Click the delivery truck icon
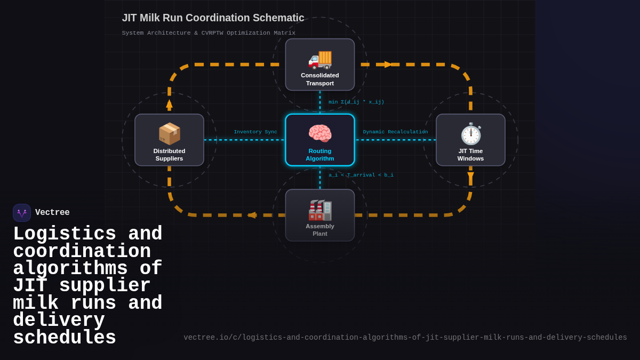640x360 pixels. (x=320, y=59)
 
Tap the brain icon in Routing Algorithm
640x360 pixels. (x=320, y=133)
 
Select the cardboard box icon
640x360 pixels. (x=169, y=133)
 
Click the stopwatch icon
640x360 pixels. (x=470, y=133)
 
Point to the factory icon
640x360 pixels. (x=320, y=210)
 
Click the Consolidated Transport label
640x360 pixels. (x=320, y=79)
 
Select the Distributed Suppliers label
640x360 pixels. (x=169, y=155)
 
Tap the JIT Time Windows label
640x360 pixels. (x=470, y=155)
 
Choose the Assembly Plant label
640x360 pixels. (x=320, y=230)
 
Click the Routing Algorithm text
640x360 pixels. (x=320, y=155)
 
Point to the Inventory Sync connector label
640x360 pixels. (x=255, y=132)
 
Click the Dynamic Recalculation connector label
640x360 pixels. (x=395, y=132)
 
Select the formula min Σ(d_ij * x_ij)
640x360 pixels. (x=356, y=102)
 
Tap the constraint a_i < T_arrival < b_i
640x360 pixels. (x=361, y=175)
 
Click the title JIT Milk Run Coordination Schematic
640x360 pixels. (x=213, y=18)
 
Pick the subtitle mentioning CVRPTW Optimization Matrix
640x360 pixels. (x=209, y=33)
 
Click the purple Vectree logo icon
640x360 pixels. (x=22, y=213)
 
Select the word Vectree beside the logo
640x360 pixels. (x=52, y=213)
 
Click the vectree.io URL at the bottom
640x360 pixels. (x=405, y=338)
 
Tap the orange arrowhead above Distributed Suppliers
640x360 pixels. (x=169, y=104)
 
